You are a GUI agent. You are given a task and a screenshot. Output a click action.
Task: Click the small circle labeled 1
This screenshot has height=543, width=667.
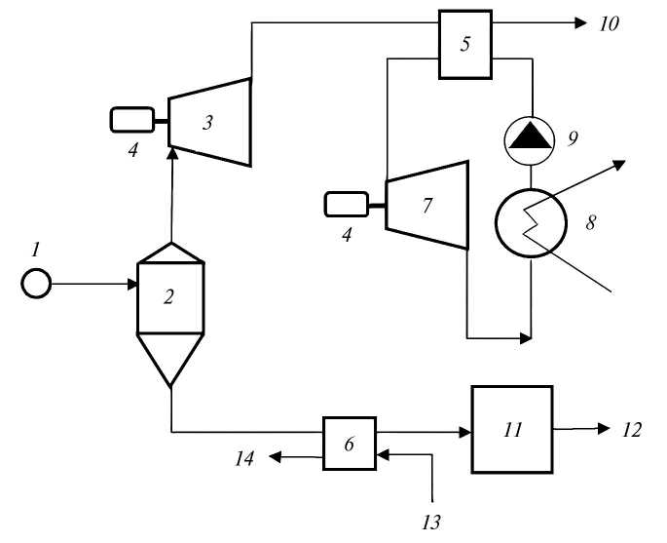click(36, 285)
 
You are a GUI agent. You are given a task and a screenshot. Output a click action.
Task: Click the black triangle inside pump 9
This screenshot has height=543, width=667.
click(529, 139)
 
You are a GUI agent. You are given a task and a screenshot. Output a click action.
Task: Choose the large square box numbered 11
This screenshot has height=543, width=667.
click(511, 428)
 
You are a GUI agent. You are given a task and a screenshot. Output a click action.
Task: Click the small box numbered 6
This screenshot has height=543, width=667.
click(350, 442)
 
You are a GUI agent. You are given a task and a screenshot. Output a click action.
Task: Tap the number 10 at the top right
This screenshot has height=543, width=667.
click(608, 22)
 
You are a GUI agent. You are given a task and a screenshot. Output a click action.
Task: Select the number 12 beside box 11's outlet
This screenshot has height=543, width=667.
click(632, 429)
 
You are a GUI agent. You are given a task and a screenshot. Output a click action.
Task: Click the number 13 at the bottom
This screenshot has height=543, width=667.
click(431, 522)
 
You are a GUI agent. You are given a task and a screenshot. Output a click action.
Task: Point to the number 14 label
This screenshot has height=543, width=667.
click(244, 456)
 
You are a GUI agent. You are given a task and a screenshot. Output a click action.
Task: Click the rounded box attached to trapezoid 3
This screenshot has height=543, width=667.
click(132, 120)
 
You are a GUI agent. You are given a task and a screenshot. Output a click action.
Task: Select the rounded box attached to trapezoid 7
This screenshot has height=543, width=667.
click(345, 204)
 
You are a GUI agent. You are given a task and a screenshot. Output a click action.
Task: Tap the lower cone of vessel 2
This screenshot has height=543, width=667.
click(170, 359)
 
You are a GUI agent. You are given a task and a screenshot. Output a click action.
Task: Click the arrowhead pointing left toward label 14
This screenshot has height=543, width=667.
click(277, 455)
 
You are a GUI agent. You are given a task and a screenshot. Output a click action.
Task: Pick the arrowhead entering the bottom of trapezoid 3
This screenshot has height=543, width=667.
click(171, 146)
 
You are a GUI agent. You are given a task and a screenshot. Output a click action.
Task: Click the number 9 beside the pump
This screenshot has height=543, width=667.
click(573, 137)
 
